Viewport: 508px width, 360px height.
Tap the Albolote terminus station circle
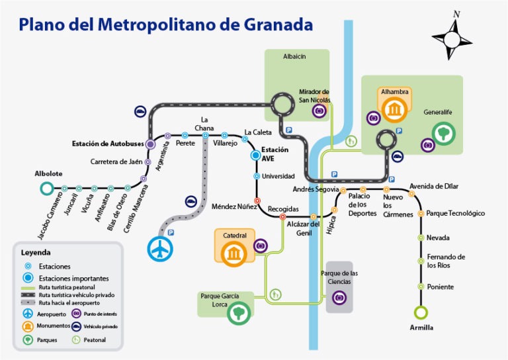tap(46, 189)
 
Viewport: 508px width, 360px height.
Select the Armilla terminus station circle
tap(421, 312)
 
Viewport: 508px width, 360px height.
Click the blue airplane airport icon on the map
tap(159, 249)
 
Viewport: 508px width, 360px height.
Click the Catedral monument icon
tap(233, 253)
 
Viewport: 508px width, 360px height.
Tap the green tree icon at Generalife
tap(444, 133)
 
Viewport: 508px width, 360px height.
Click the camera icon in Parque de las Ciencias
tap(340, 298)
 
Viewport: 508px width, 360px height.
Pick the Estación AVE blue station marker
tap(257, 155)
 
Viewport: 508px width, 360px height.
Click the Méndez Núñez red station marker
tap(257, 201)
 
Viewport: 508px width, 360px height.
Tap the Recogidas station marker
tap(282, 216)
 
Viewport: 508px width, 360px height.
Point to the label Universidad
tap(278, 177)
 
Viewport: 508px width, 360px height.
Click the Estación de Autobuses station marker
tap(150, 144)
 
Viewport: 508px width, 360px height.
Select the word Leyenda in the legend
tap(36, 252)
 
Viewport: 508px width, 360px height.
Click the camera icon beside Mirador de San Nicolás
tap(319, 111)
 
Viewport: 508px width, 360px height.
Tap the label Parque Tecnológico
tap(456, 214)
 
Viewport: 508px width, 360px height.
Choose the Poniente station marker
tap(421, 287)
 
